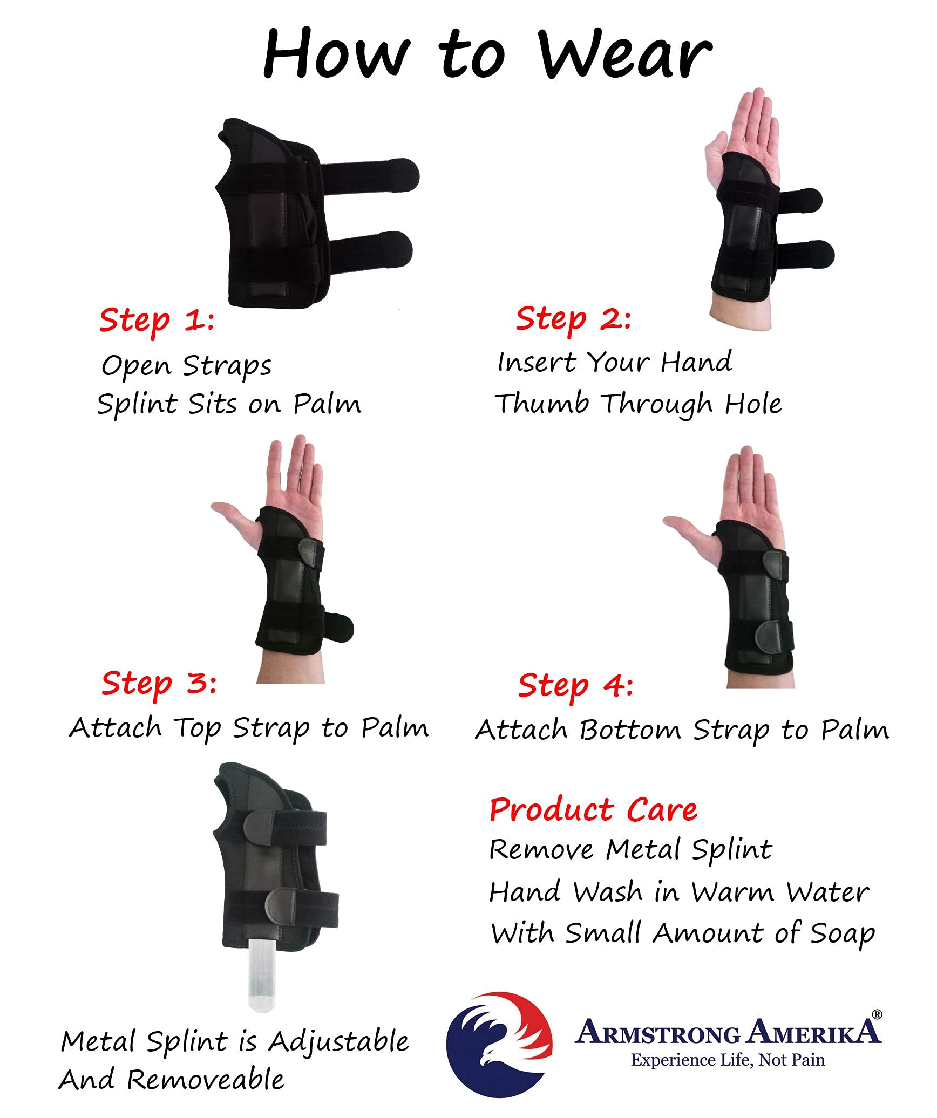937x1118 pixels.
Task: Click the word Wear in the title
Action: point(625,54)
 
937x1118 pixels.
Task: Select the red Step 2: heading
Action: point(573,318)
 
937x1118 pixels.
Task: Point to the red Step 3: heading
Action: point(159,683)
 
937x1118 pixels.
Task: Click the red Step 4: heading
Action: point(575,685)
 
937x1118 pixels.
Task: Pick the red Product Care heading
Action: point(593,810)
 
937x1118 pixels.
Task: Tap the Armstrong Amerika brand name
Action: point(728,1033)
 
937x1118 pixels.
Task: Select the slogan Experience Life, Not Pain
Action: point(728,1060)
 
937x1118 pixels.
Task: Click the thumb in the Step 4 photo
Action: point(684,526)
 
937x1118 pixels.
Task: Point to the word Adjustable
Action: point(339,1041)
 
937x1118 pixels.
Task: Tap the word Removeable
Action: point(205,1080)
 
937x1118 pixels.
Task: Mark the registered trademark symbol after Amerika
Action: point(877,1014)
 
